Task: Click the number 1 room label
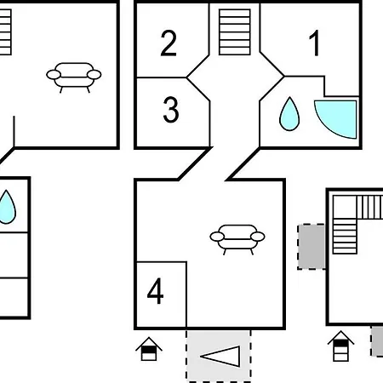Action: [x=314, y=43]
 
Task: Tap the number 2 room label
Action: [x=169, y=43]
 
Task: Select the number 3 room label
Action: [x=171, y=110]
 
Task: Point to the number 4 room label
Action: [x=156, y=291]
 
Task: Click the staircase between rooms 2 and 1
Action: [x=235, y=32]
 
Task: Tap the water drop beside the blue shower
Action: [x=289, y=114]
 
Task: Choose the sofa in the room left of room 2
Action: [x=74, y=77]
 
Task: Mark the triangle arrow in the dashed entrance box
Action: [x=220, y=357]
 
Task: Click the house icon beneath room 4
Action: [x=149, y=349]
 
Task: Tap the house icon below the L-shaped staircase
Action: [x=340, y=346]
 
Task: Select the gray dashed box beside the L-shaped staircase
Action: [x=312, y=247]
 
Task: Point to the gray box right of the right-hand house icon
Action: [x=377, y=341]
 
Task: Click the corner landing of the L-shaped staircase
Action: [x=345, y=207]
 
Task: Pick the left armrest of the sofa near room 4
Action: [x=217, y=237]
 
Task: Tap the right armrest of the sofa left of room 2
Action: [x=94, y=75]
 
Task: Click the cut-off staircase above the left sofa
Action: [x=5, y=32]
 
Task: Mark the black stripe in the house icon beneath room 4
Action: [x=149, y=350]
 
